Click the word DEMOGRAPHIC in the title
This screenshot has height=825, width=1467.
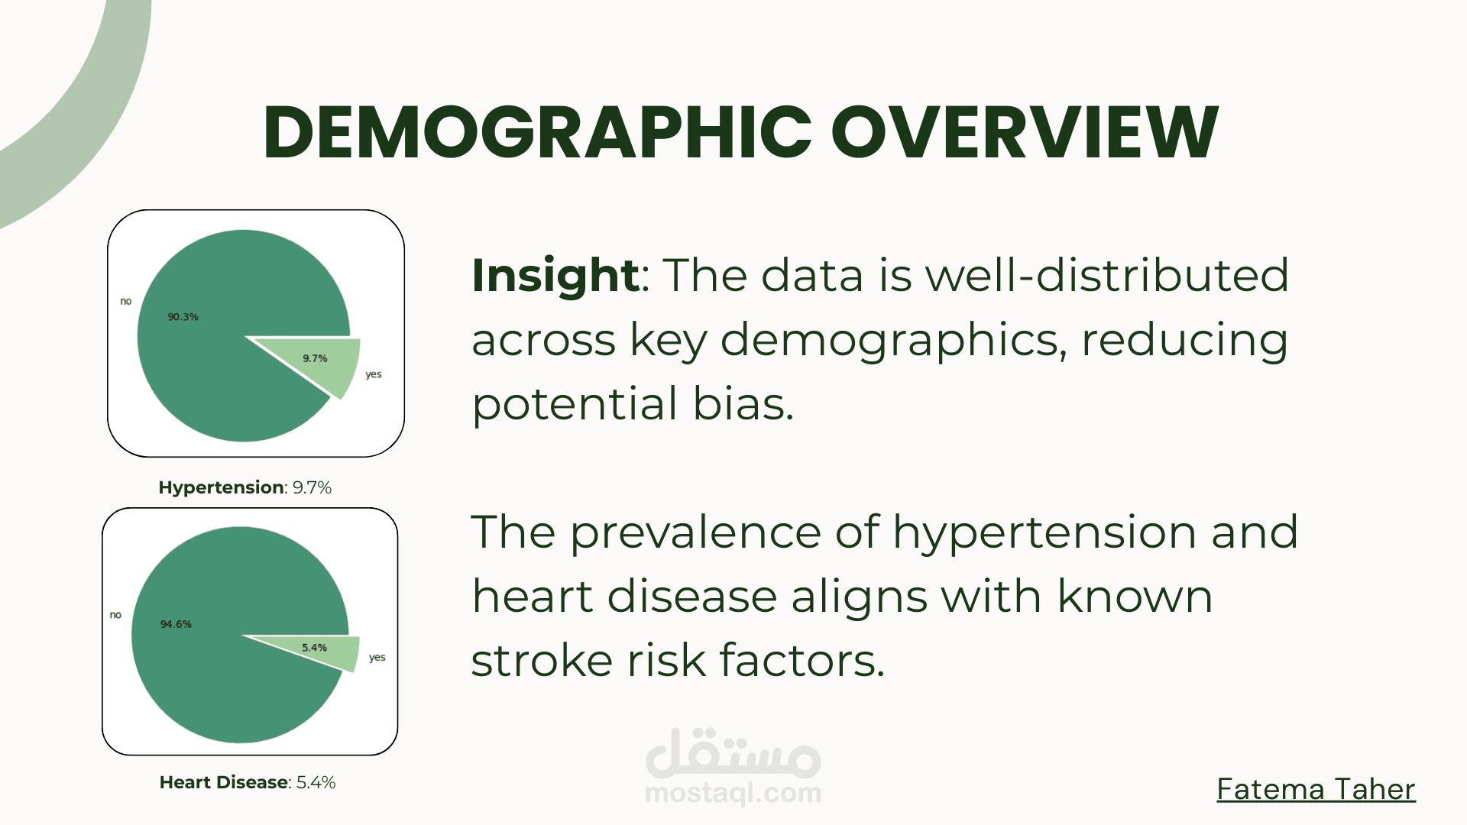(x=537, y=132)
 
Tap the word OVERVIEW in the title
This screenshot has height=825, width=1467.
(x=1025, y=132)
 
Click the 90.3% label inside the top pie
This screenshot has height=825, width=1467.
(x=183, y=316)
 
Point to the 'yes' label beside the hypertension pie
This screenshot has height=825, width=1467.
(x=374, y=374)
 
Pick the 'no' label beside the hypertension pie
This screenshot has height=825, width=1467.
(x=126, y=301)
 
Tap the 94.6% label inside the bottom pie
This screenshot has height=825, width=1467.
(x=176, y=624)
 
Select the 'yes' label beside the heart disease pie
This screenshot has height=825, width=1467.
(x=377, y=657)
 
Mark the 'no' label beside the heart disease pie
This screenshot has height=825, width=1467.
(x=115, y=614)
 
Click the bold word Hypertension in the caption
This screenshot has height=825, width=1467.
(x=222, y=487)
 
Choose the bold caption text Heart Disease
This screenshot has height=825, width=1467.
(x=224, y=782)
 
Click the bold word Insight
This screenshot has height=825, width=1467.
(x=555, y=275)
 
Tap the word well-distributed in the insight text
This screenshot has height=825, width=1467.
(x=1108, y=275)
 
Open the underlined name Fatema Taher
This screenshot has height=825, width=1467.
(x=1316, y=789)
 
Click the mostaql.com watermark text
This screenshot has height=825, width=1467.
(x=733, y=793)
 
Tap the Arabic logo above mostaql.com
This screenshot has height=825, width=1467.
(x=733, y=752)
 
